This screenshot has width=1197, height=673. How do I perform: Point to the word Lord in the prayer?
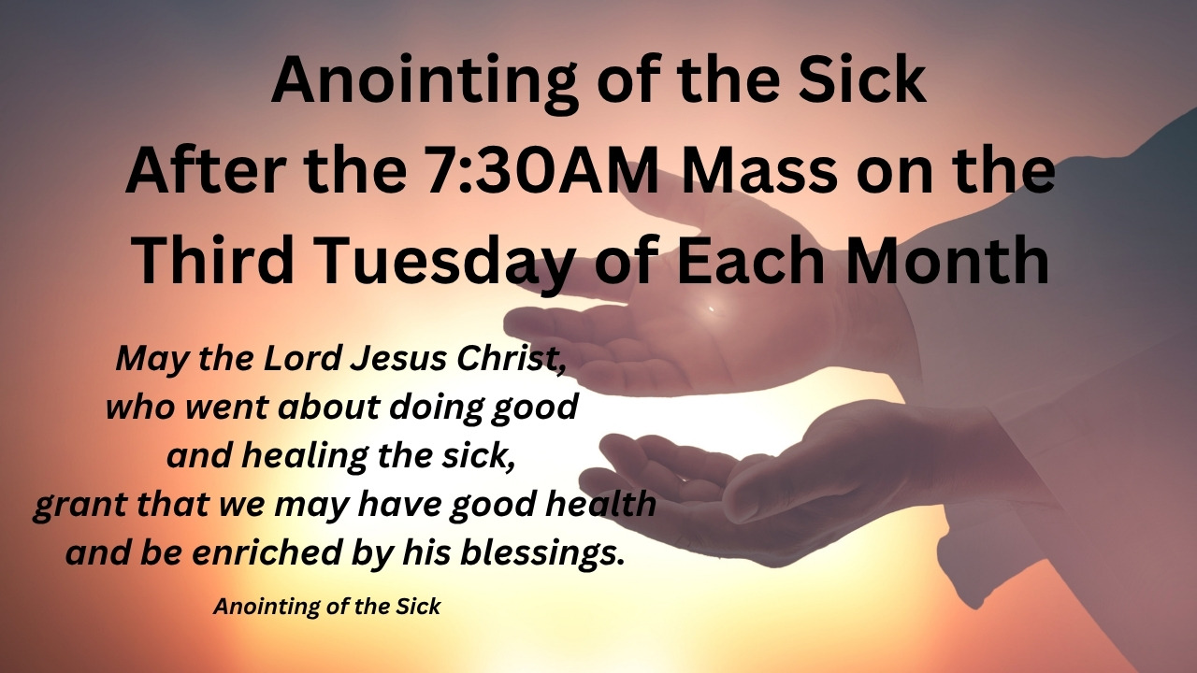coord(302,358)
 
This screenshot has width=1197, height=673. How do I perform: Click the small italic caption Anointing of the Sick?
coord(327,607)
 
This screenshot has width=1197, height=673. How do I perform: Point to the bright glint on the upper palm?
coord(712,308)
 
